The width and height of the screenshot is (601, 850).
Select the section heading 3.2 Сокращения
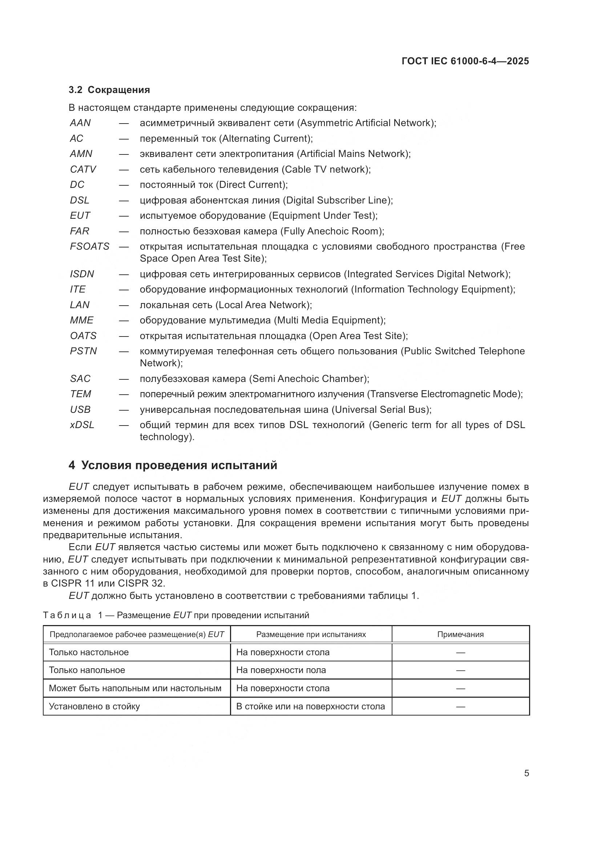pos(109,90)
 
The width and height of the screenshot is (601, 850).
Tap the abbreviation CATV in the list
pos(83,169)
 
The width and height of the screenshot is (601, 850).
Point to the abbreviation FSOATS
pos(89,246)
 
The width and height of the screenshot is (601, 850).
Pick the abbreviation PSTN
pos(83,351)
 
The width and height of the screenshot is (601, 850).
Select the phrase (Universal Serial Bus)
pos(381,410)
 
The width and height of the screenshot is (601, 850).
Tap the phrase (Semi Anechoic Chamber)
pos(309,379)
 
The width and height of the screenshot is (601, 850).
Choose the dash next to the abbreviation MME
pos(124,320)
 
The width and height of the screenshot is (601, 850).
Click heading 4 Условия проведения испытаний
pos(173,465)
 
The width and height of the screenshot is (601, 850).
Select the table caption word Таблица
pos(67,615)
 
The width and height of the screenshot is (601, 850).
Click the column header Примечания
pos(460,635)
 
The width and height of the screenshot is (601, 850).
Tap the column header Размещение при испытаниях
pos(311,635)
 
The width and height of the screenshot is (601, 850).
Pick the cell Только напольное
pos(87,670)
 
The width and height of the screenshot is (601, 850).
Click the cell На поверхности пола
pos(281,670)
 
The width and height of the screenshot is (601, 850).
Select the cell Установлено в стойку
pos(94,706)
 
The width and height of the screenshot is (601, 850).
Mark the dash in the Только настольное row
pos(460,653)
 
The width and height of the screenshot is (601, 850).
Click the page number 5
pos(526,773)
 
